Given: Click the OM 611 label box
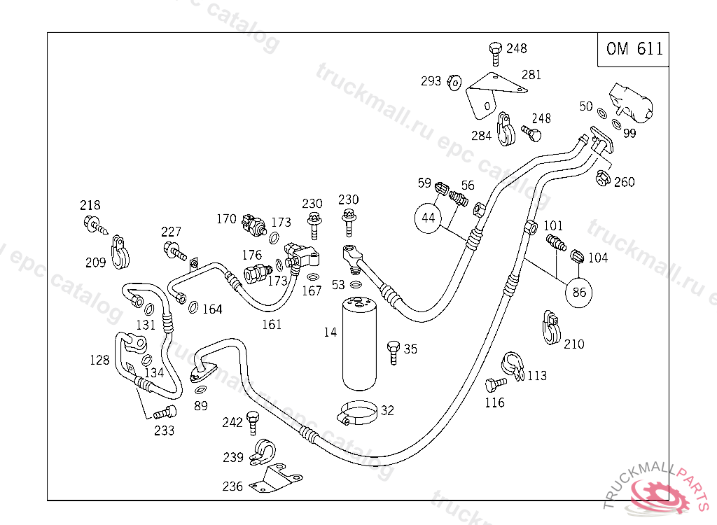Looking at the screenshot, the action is click(x=633, y=50).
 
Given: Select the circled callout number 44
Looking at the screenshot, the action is click(x=428, y=218).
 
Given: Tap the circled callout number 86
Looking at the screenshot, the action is click(x=579, y=292).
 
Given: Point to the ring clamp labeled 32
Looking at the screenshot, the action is click(x=358, y=412).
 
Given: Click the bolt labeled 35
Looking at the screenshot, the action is click(x=394, y=352).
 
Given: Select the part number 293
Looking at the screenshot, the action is click(x=431, y=81).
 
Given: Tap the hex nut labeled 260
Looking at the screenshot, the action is click(x=603, y=178).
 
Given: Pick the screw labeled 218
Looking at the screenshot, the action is click(x=95, y=225).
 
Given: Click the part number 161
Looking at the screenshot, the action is click(x=272, y=324).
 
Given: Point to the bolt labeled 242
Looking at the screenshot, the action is click(x=252, y=423).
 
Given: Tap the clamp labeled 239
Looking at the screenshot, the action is click(x=263, y=451).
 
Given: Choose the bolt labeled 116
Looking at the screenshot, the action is click(x=495, y=384).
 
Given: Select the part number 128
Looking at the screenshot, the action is click(x=99, y=360).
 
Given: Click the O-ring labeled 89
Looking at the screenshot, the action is click(x=200, y=390).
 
